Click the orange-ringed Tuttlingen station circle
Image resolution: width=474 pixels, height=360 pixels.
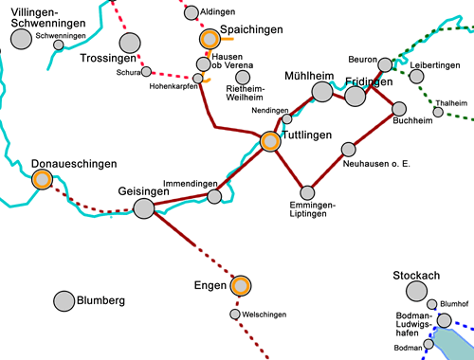point(270,142)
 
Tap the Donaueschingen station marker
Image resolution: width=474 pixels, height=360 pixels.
point(42,179)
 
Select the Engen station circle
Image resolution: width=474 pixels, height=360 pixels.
point(240,285)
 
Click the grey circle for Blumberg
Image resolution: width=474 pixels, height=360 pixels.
point(64,300)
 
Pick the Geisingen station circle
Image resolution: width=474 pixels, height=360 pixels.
point(143,208)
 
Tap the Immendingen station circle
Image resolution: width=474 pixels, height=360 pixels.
point(214,196)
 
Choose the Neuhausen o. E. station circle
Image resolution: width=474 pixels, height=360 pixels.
point(348,149)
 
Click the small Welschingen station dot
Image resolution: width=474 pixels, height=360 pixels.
point(234,314)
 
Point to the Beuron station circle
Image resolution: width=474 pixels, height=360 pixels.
point(384,66)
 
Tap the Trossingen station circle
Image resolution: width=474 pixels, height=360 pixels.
point(129,43)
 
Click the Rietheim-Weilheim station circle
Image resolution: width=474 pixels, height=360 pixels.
point(243,77)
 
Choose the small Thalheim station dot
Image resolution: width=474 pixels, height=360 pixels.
point(438,112)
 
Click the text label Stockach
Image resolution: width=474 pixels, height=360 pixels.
point(416,276)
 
